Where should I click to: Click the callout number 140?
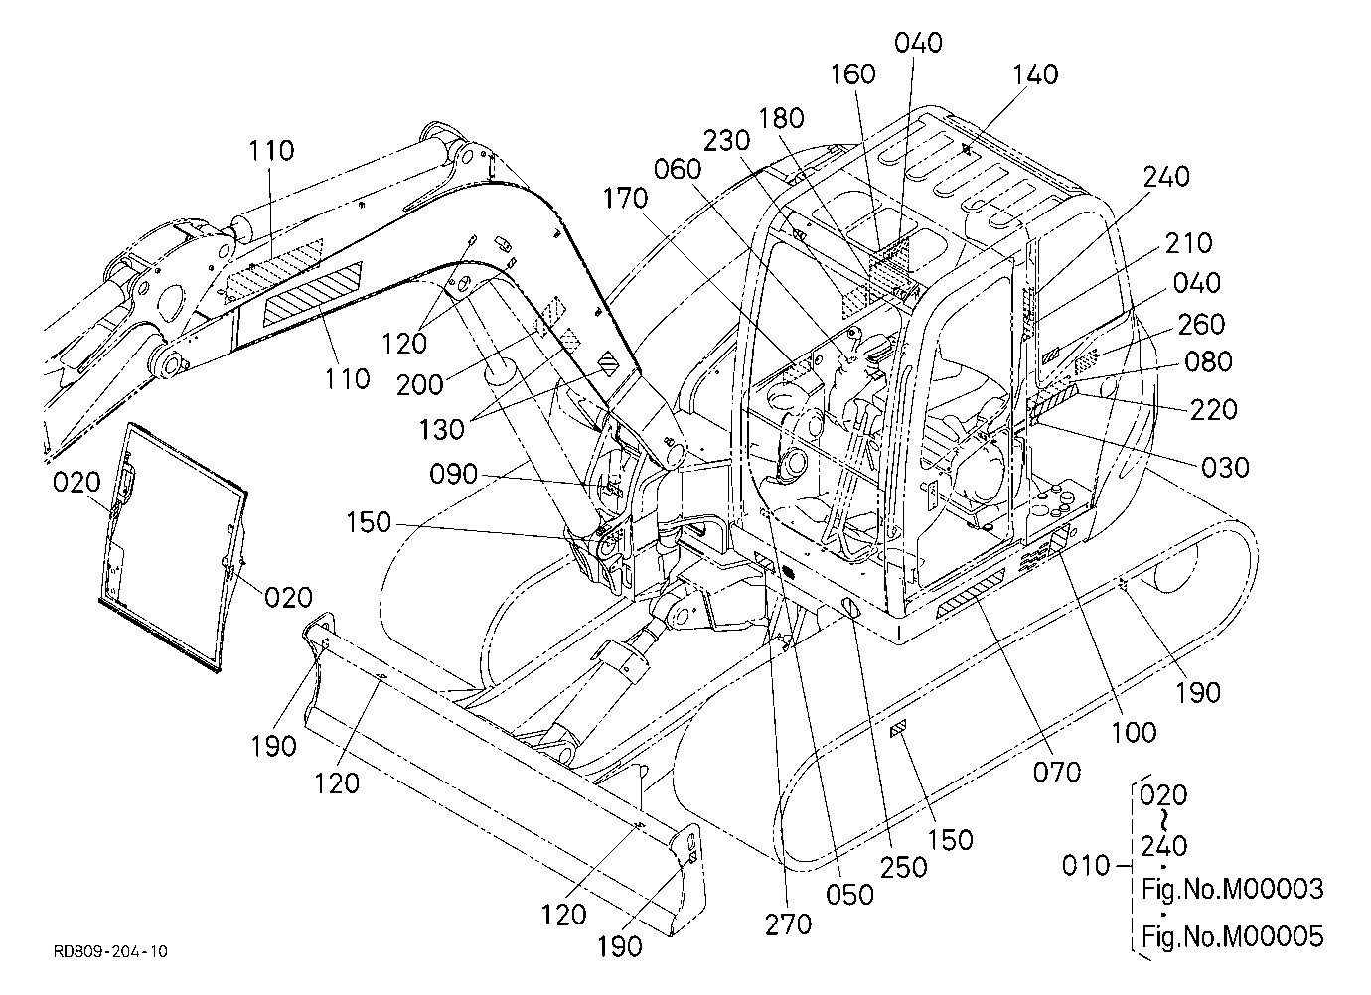(x=1035, y=74)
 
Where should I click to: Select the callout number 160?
(x=852, y=74)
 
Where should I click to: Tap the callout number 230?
(x=726, y=141)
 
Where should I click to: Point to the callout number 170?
(x=626, y=199)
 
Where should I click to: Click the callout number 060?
(x=678, y=169)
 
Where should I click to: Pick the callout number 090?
(x=454, y=475)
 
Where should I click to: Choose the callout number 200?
(x=420, y=385)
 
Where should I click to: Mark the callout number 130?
(x=442, y=430)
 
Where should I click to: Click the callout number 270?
(x=789, y=924)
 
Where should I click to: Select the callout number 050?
(x=849, y=895)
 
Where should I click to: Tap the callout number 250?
(x=904, y=867)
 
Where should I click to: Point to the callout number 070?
(x=1057, y=773)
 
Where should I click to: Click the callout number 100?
(x=1135, y=733)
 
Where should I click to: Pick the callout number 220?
(x=1214, y=409)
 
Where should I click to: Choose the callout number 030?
(x=1225, y=468)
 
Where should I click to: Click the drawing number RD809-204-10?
(x=111, y=952)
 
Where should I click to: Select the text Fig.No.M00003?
(x=1233, y=889)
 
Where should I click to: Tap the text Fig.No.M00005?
(x=1233, y=936)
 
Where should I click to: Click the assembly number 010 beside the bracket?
(x=1086, y=865)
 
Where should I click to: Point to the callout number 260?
(x=1201, y=325)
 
